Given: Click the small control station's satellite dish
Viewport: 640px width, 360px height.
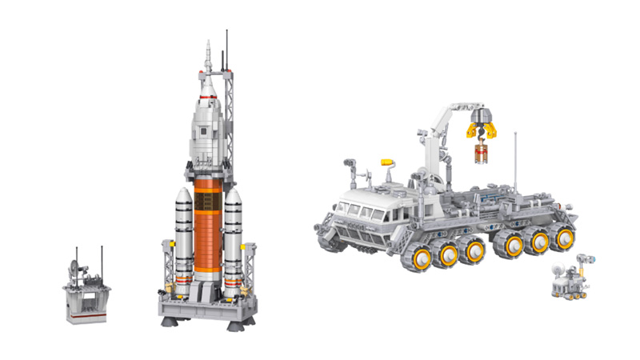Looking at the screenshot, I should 75,266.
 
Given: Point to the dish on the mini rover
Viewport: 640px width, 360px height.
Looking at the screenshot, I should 557,262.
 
